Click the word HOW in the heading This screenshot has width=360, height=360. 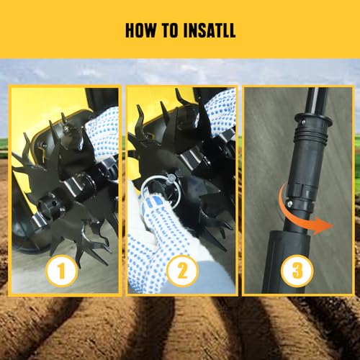click(x=140, y=30)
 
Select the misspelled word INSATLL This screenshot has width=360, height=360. click(x=210, y=30)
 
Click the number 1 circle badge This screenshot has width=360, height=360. click(x=61, y=271)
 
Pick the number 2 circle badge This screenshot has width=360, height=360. click(x=182, y=271)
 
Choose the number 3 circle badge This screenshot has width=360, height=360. click(x=297, y=271)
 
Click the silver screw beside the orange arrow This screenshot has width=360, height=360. click(x=289, y=204)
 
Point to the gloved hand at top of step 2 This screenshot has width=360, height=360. click(x=220, y=113)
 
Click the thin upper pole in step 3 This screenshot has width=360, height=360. click(x=317, y=101)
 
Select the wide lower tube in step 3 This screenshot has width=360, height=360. click(x=287, y=261)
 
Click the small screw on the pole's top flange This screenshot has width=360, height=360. click(x=304, y=122)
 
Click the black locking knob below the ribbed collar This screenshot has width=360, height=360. click(x=304, y=189)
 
